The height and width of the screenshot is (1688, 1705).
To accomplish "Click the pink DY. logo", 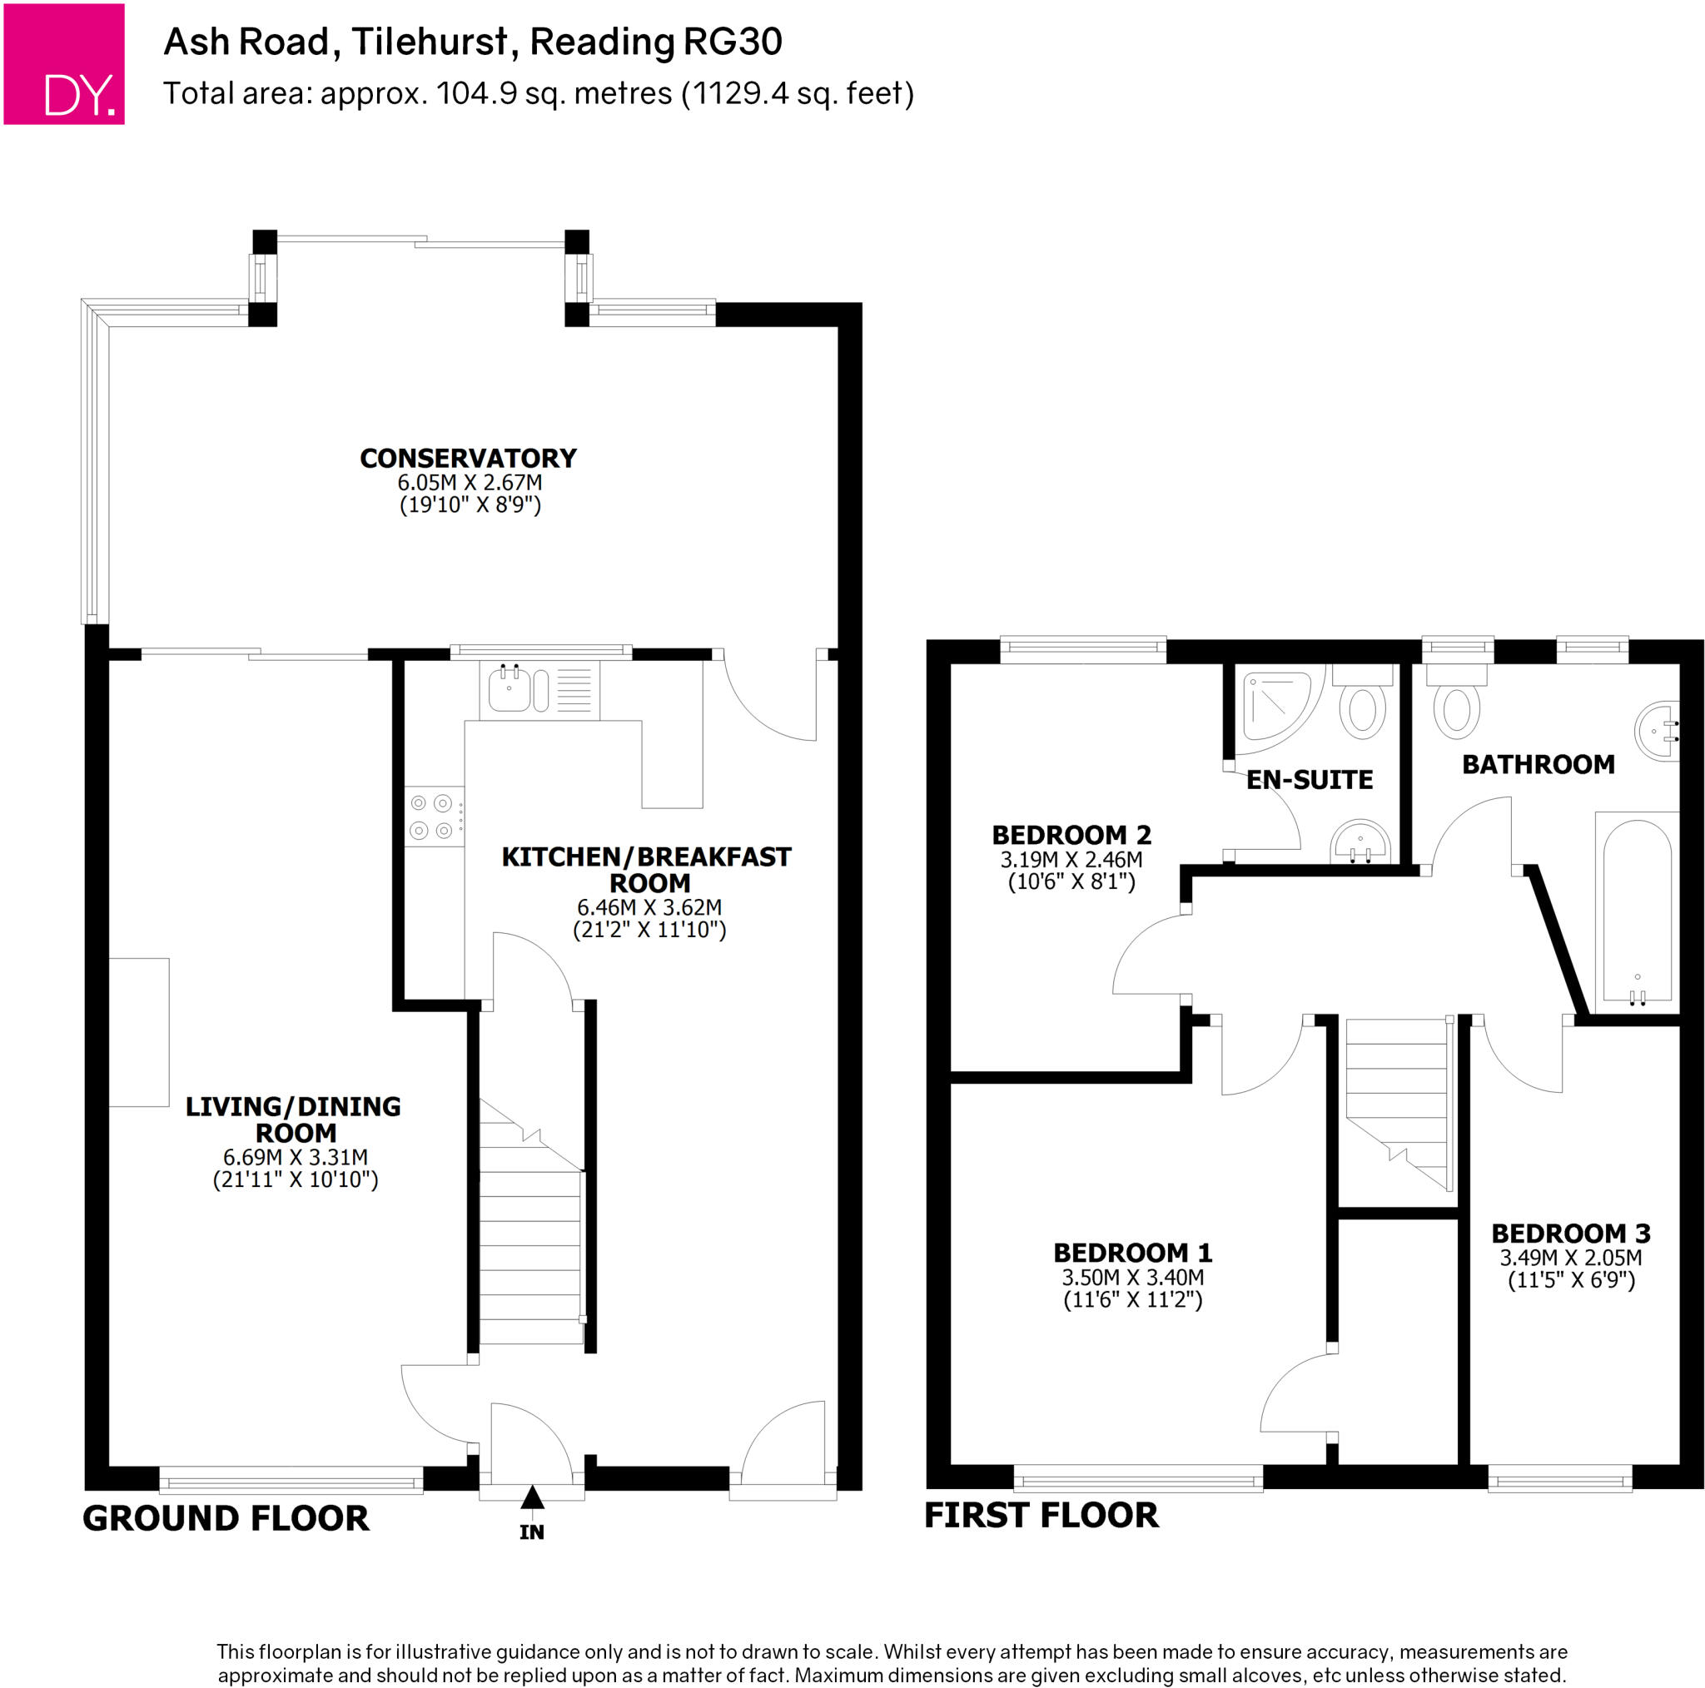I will (x=63, y=63).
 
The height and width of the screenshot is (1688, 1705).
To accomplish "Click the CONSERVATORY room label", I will (x=468, y=458).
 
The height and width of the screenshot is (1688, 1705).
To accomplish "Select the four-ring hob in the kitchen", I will (x=432, y=817).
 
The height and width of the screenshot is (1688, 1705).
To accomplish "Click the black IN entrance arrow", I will (x=531, y=1497).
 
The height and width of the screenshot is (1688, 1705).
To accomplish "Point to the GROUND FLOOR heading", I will (x=225, y=1517).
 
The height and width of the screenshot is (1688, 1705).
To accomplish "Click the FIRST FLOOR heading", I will (x=1041, y=1514).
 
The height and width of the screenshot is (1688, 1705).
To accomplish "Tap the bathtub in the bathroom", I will (x=1636, y=909).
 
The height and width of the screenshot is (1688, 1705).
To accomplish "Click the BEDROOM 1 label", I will (x=1132, y=1252).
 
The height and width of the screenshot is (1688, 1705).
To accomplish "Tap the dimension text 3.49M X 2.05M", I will (x=1571, y=1258).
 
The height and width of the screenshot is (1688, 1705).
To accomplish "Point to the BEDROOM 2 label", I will (x=1071, y=835).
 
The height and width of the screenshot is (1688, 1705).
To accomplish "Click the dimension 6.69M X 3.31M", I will (x=295, y=1157).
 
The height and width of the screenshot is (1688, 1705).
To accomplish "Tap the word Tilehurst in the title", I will (x=430, y=42).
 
